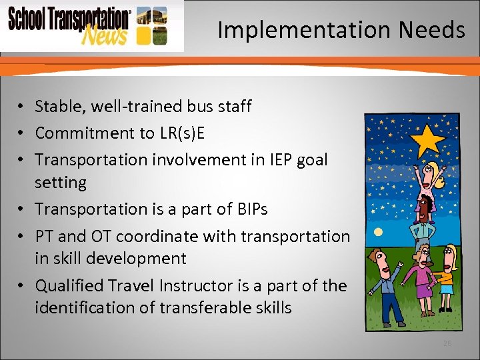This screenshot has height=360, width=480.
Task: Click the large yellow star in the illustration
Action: tap(430, 140)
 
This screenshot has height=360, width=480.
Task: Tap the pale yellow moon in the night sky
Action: tap(378, 231)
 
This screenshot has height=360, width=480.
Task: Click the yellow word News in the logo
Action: tap(103, 35)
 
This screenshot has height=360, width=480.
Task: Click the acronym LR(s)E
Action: tap(181, 133)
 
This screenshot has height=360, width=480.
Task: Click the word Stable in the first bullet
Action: tap(57, 106)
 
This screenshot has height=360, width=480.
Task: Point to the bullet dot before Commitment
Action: tap(22, 133)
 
